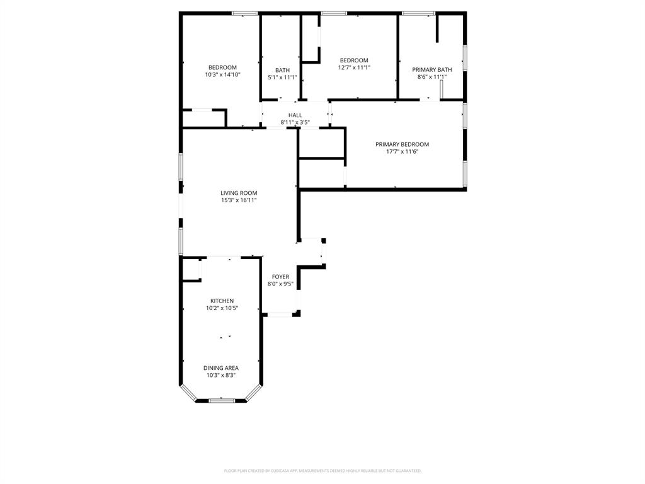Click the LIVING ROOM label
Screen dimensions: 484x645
[239, 193]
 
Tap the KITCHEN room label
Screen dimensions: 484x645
[222, 301]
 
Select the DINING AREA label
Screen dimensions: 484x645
[220, 368]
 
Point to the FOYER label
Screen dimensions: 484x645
[280, 277]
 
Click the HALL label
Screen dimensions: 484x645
[295, 115]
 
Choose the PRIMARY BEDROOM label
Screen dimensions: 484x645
[402, 144]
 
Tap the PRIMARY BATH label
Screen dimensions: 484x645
[431, 69]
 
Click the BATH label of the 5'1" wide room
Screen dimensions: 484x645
[282, 70]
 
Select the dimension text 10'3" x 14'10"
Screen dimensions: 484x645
[222, 75]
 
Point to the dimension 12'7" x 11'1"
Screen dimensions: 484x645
[353, 67]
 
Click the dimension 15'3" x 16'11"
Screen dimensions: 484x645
[239, 200]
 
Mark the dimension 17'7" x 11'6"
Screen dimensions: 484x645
[402, 152]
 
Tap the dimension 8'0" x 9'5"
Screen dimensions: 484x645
[280, 284]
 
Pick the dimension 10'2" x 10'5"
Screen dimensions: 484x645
[222, 308]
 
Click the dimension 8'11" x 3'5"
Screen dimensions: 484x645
[295, 122]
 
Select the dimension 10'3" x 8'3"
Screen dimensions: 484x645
[220, 376]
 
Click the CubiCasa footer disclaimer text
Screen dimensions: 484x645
[322, 470]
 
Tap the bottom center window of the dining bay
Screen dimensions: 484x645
[222, 400]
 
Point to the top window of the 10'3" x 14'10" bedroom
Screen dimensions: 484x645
[244, 13]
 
